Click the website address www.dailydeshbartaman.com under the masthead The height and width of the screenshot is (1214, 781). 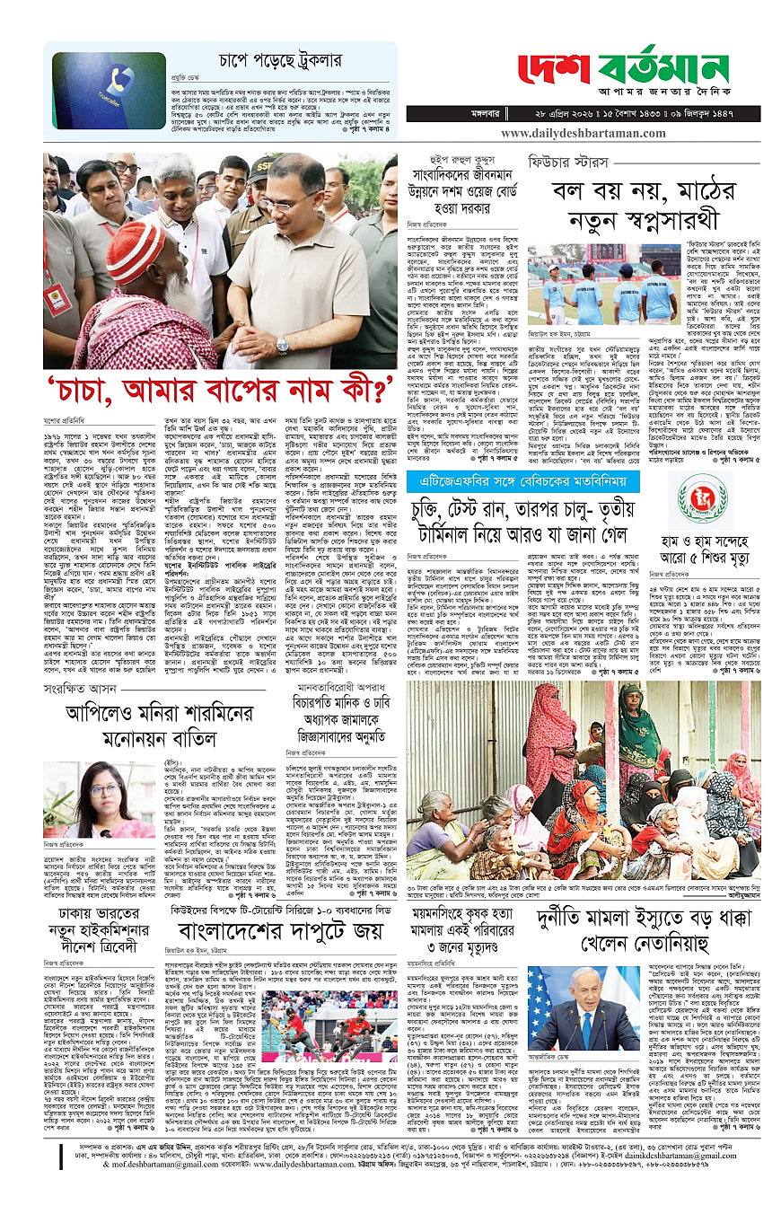pyautogui.click(x=594, y=133)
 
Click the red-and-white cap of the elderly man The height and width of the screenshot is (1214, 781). pyautogui.click(x=135, y=250)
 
